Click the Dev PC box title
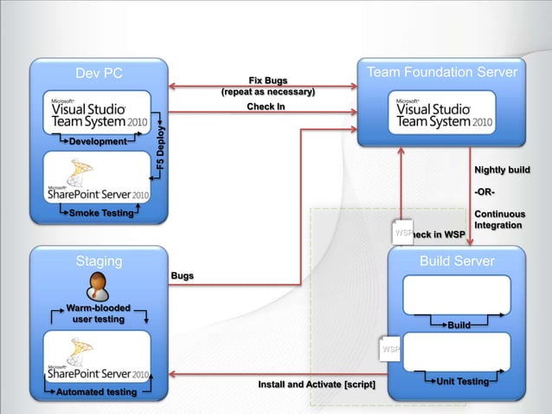click(99, 74)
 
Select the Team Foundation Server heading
click(443, 73)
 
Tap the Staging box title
click(99, 261)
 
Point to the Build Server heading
click(457, 261)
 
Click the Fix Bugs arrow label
click(268, 81)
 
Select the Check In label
click(266, 107)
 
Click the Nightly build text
click(502, 170)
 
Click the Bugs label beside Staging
click(182, 275)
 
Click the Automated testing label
click(97, 392)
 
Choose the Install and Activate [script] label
click(317, 384)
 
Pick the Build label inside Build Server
click(459, 326)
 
